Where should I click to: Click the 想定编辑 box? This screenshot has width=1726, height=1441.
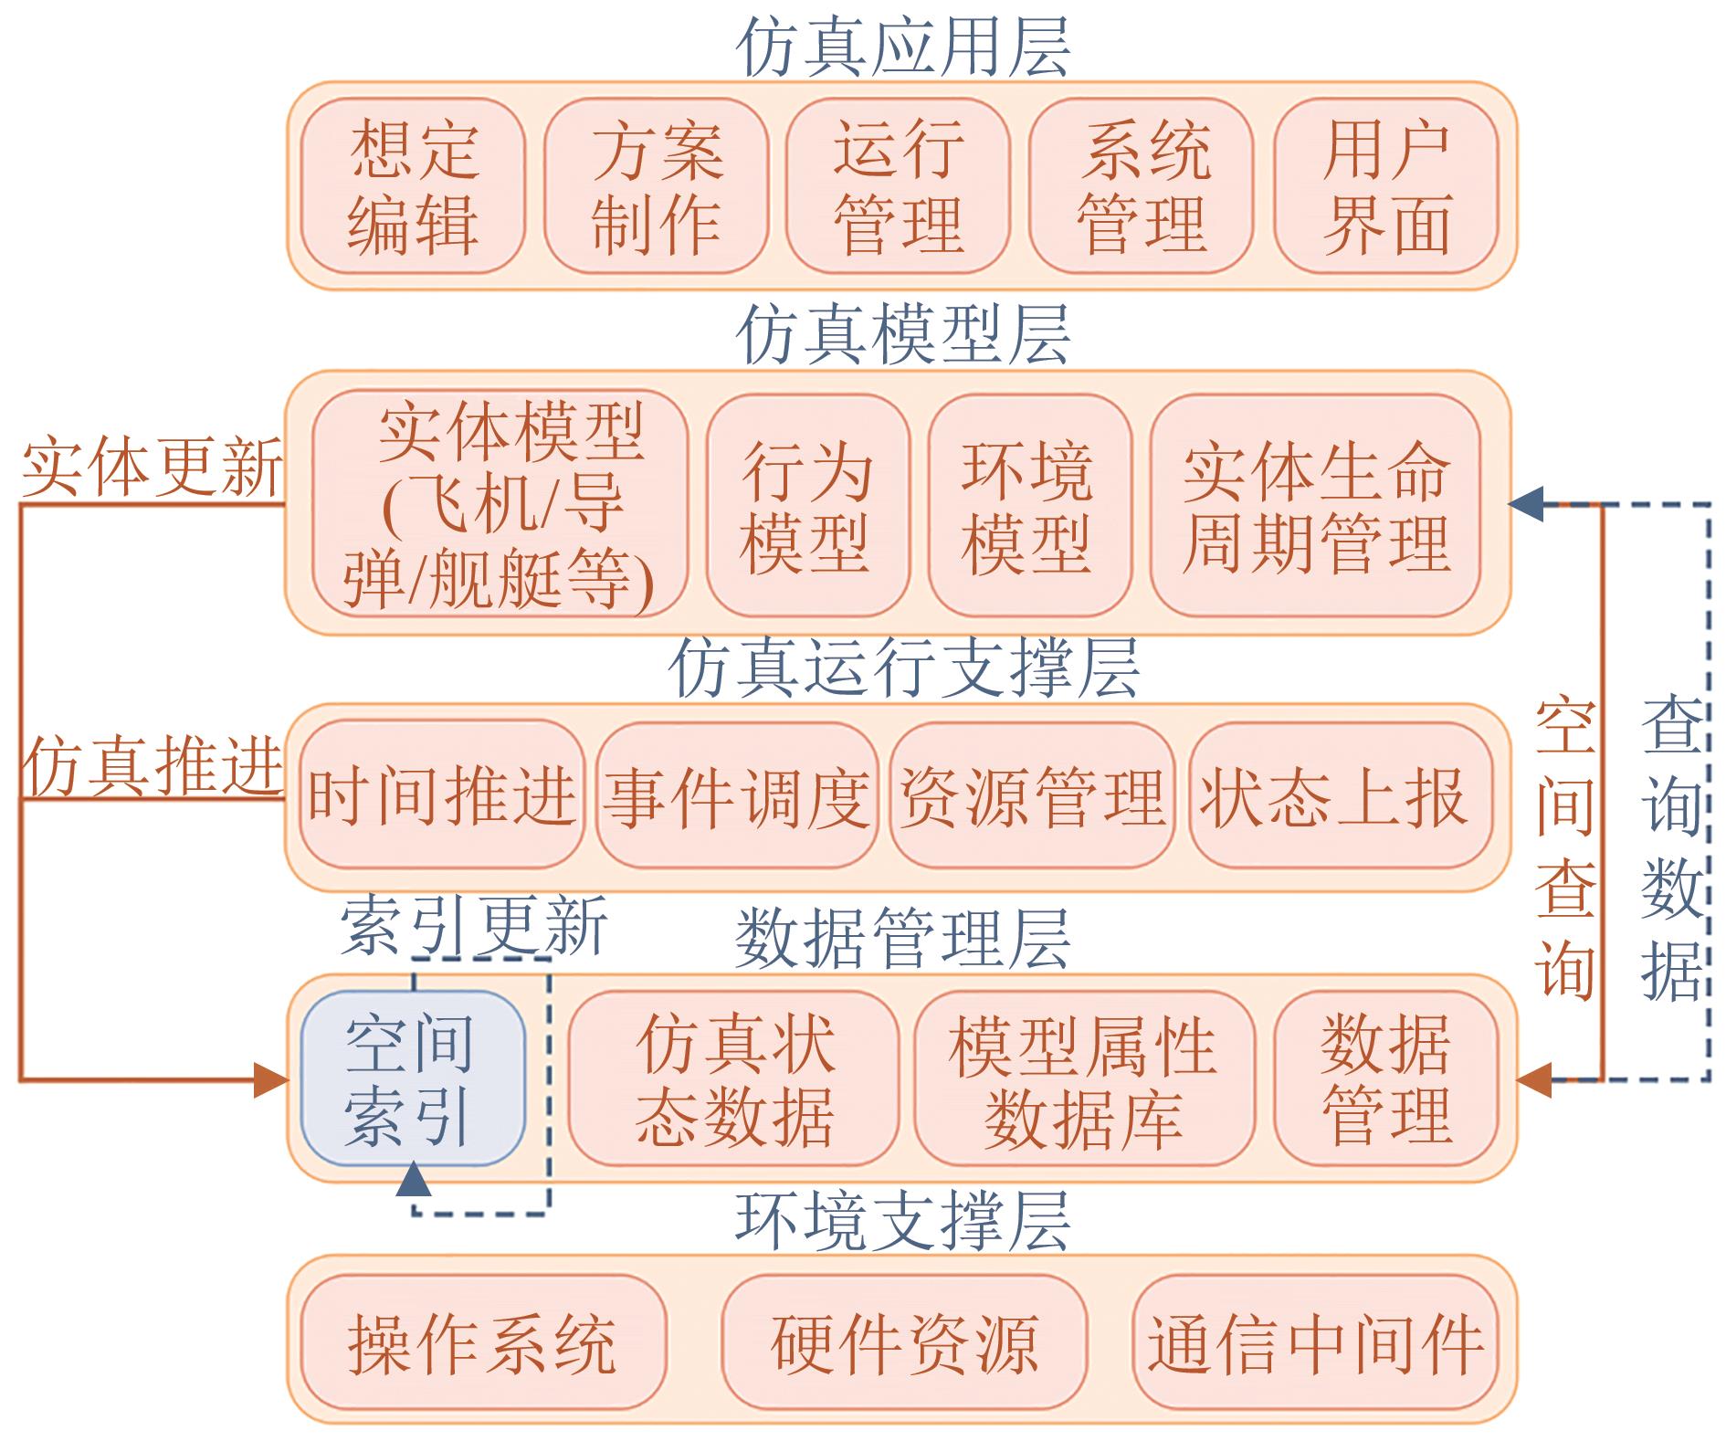413,186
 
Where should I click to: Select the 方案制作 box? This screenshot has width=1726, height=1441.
656,186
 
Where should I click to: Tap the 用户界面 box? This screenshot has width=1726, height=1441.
1386,186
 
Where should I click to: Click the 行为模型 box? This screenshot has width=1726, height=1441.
807,505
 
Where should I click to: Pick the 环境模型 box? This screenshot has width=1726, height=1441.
1029,505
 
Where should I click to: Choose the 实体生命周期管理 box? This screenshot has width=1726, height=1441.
1315,505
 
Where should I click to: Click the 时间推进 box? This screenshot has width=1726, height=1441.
442,794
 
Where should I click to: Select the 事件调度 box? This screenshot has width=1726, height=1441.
737,794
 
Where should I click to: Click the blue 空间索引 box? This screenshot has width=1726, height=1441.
413,1078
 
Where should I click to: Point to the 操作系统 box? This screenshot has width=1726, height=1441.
482,1342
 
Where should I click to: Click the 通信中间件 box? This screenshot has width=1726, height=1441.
1316,1342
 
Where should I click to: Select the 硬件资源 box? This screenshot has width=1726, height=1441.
904,1342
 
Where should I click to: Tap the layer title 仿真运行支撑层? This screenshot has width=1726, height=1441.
904,668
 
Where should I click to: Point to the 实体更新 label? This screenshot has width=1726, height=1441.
152,468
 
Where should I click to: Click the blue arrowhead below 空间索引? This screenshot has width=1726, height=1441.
413,1179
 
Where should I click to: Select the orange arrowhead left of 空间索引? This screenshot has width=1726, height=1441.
272,1079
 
